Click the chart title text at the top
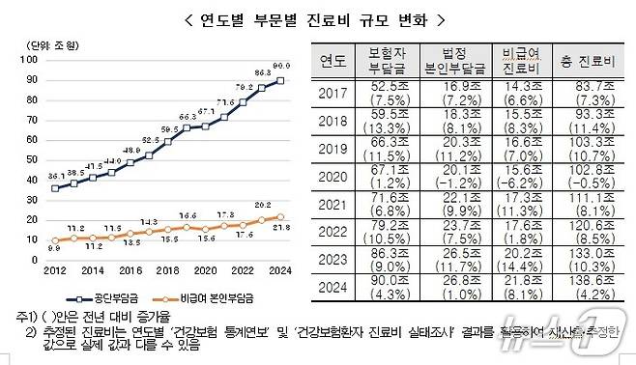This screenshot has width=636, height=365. pos(317,19)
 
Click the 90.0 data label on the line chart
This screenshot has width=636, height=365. pos(281,67)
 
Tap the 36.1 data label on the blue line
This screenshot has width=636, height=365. pos(57,176)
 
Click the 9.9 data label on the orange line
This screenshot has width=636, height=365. pos(56,247)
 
